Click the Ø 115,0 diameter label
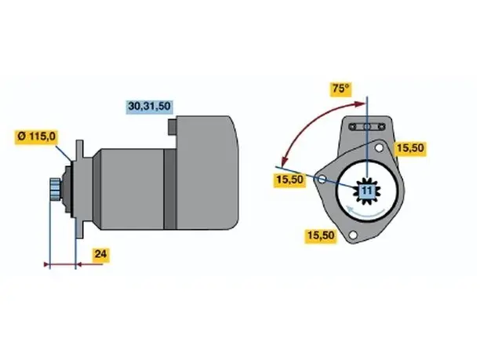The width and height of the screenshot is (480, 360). tap(37, 136)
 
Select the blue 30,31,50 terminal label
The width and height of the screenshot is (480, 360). tap(149, 106)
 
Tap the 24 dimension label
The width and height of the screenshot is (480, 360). tap(100, 254)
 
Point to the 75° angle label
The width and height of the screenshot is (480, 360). tap(340, 89)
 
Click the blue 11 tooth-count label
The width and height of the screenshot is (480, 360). tap(367, 191)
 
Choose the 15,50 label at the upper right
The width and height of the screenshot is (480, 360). tap(410, 148)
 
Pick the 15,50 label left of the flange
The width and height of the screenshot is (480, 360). tap(289, 180)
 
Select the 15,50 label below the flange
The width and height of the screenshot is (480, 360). tap(321, 235)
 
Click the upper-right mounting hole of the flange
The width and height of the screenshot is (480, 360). tap(379, 148)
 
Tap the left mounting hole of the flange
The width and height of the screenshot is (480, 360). tap(322, 179)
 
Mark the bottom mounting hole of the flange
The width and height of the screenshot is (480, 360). tap(353, 235)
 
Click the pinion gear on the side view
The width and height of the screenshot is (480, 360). tap(55, 189)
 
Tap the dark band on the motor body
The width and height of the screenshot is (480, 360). tap(170, 189)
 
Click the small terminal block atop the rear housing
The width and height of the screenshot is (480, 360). tap(173, 127)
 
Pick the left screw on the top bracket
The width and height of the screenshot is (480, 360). tap(353, 126)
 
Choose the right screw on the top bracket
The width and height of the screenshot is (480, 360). tap(381, 126)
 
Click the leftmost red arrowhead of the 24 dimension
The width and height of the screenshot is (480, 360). tap(47, 264)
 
